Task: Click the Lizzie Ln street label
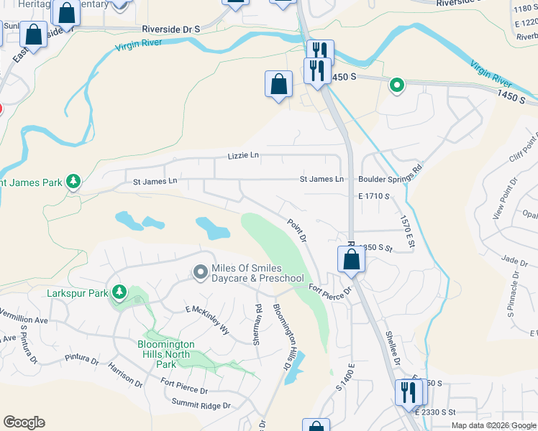242,155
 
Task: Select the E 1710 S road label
377,195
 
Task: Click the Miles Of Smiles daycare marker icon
201,272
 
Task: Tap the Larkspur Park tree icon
119,293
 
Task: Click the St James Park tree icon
73,182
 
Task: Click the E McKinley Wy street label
207,320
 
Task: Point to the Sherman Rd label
257,325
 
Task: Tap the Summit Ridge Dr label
201,405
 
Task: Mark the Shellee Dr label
392,347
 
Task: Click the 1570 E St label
407,231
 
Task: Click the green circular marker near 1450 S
396,86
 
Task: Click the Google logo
24,422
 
